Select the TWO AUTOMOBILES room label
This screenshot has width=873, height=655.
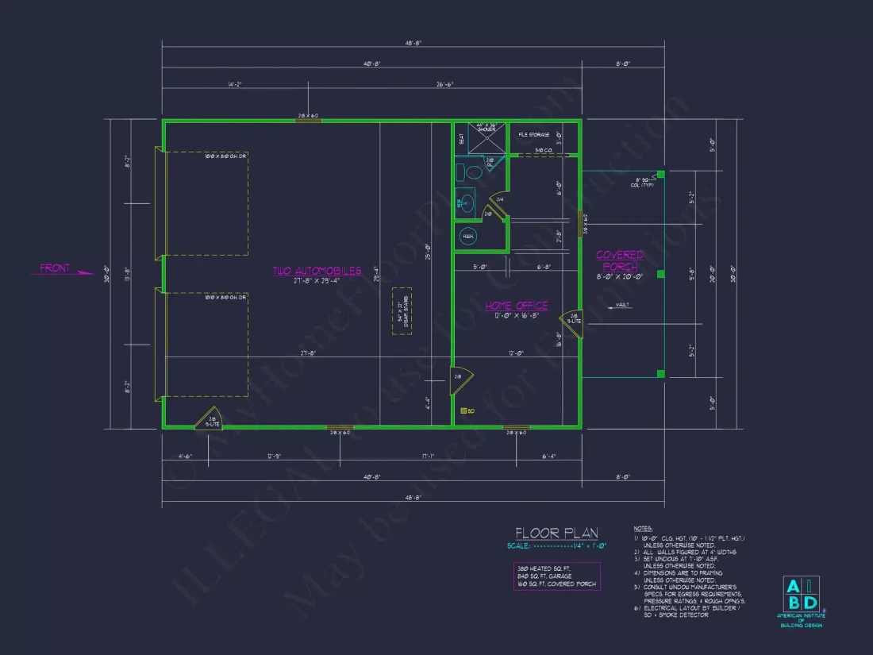click(317, 271)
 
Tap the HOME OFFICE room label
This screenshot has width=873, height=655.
click(517, 305)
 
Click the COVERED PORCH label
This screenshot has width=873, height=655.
click(620, 260)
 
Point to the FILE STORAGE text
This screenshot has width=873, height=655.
click(533, 135)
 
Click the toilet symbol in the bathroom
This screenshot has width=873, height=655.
click(473, 171)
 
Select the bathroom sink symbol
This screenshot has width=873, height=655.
click(466, 203)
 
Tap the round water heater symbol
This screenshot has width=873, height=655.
click(468, 236)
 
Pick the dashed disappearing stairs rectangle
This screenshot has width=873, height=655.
click(402, 311)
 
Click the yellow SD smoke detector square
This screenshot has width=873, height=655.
click(463, 411)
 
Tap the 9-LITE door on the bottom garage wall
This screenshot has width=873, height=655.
click(210, 418)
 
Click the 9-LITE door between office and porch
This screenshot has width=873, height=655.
click(573, 321)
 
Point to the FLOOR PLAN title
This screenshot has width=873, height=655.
click(556, 534)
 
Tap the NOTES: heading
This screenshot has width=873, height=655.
click(643, 528)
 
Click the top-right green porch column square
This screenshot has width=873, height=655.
click(660, 174)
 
